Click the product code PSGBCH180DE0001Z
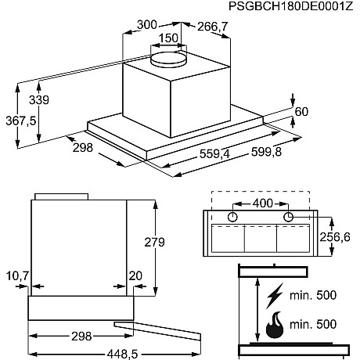point(291,8)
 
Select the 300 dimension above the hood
point(146,25)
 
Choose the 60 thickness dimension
point(301,110)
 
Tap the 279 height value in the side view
point(155,243)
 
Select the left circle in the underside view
point(232,217)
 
